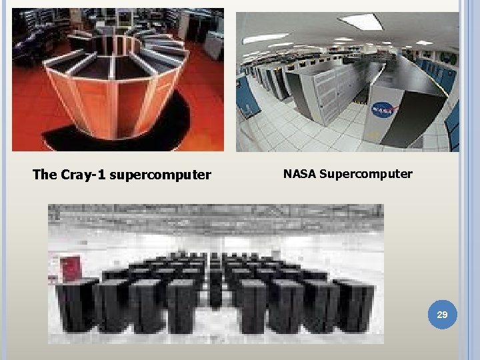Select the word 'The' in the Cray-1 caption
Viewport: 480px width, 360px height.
click(45, 175)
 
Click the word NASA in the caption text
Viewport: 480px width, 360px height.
click(299, 174)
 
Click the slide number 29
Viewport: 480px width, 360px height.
click(441, 313)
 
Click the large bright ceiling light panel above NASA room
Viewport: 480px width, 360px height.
click(360, 22)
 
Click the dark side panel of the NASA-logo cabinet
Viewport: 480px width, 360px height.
click(420, 110)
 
